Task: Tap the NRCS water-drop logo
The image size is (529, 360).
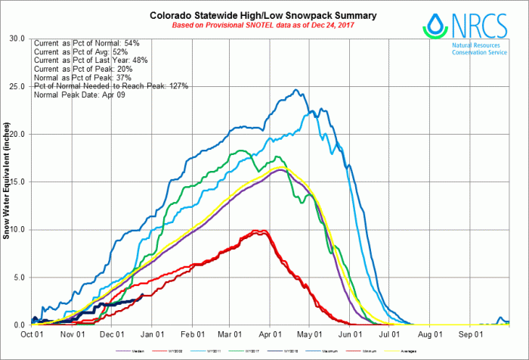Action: click(434, 28)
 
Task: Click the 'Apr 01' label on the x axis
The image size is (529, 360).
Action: click(271, 334)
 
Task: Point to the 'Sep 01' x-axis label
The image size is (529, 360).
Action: click(472, 334)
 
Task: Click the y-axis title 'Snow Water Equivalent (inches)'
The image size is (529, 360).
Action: click(6, 182)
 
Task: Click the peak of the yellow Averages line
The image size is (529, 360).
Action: click(283, 166)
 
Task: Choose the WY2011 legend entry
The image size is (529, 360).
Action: click(218, 350)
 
